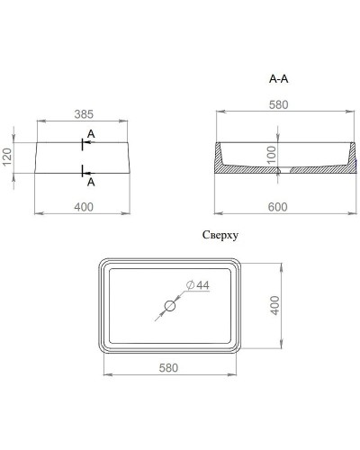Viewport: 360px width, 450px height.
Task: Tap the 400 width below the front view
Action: (83, 207)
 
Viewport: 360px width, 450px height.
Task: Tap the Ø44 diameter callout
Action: (199, 285)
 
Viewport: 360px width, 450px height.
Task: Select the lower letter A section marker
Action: (92, 181)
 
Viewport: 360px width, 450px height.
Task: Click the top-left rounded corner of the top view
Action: (104, 266)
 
